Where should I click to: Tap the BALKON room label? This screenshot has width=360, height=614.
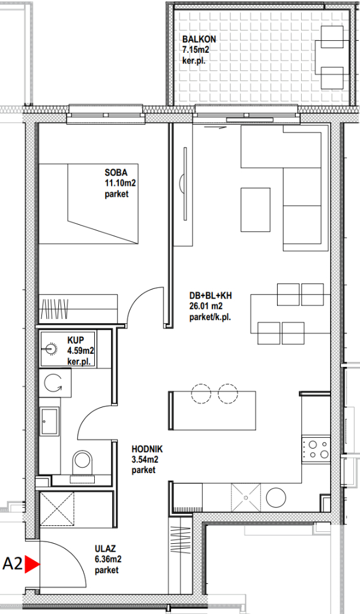(199, 39)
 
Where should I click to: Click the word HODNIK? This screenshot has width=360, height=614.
(147, 450)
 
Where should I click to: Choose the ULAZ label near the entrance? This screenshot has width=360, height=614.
(105, 549)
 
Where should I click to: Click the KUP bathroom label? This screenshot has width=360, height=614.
(75, 337)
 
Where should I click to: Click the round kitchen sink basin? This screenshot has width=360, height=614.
(275, 497)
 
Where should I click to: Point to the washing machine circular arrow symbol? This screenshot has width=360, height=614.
(53, 383)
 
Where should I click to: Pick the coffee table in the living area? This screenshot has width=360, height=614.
(256, 210)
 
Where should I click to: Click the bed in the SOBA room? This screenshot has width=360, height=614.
(89, 204)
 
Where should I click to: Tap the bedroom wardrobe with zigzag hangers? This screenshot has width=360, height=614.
(79, 308)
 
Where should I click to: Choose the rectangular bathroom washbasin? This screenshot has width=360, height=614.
(50, 421)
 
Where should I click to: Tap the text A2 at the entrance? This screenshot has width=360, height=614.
(12, 564)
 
